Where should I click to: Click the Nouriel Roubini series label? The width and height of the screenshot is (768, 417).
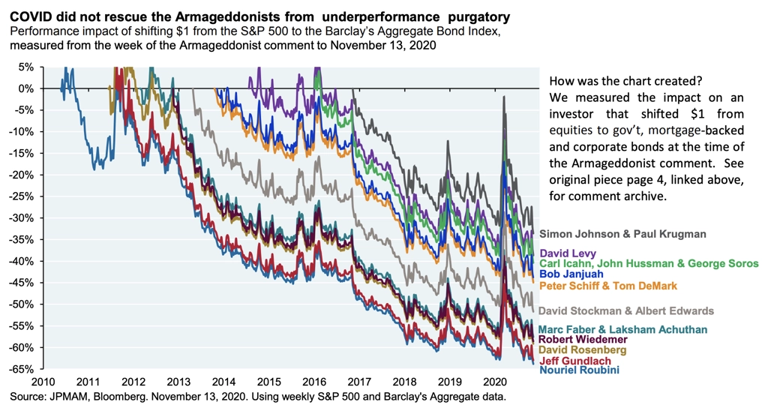click(x=578, y=370)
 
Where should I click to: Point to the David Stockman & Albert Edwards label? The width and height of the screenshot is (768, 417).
click(x=626, y=310)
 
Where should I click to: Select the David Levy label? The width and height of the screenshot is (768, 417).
click(x=569, y=253)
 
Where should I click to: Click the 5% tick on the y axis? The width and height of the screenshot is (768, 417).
click(x=25, y=67)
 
